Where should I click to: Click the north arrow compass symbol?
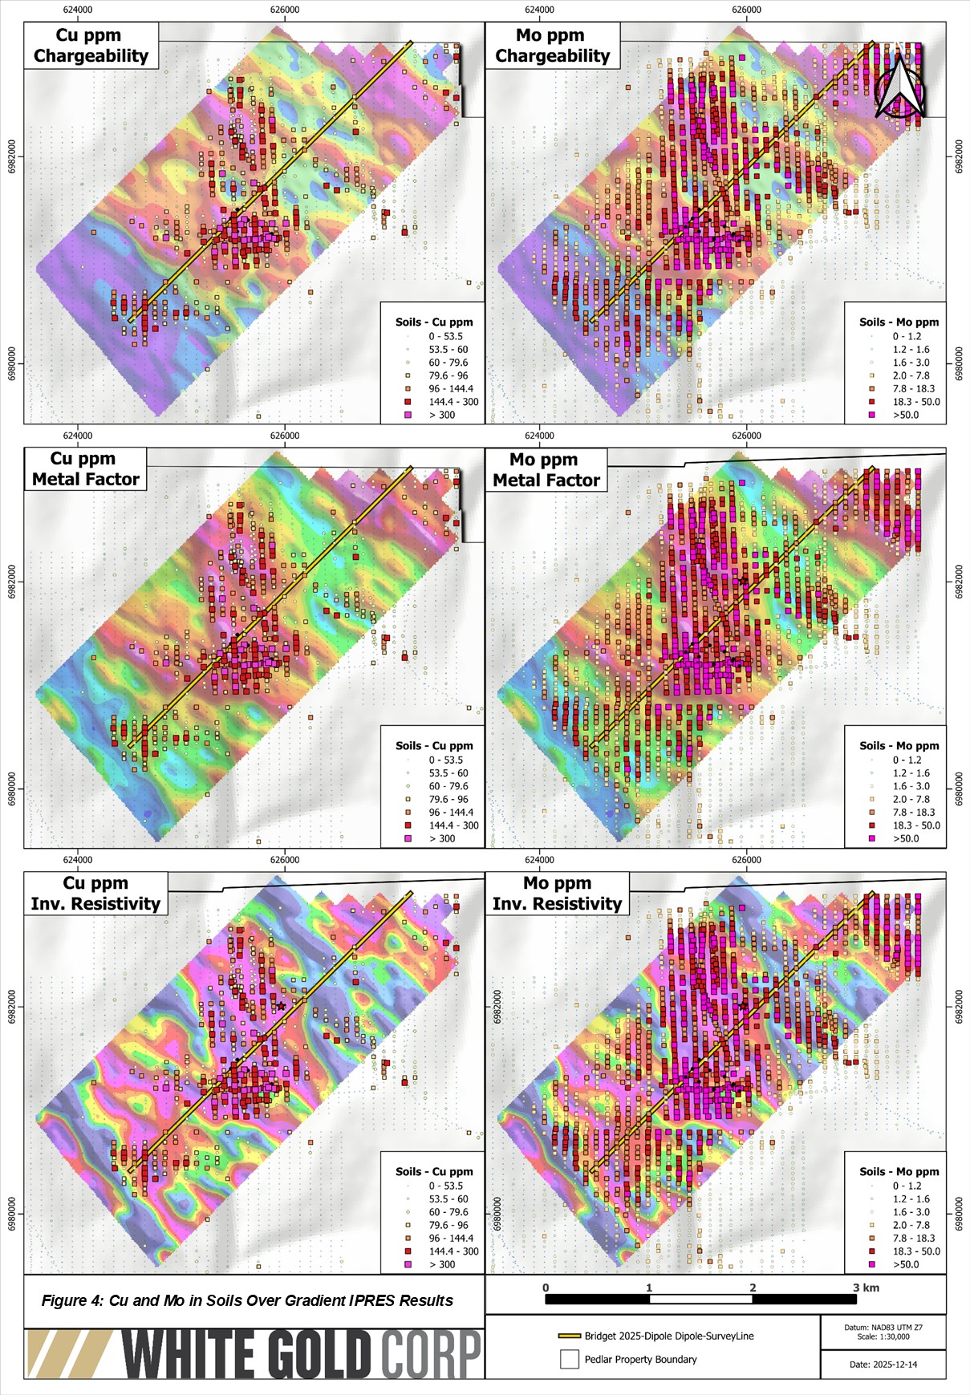point(899,87)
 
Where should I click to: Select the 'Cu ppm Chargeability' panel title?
point(91,46)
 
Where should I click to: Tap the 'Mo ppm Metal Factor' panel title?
point(546,470)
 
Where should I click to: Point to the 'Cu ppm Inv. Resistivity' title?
point(95,894)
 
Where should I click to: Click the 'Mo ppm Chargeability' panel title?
point(552,46)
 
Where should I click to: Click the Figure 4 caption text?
point(247,1300)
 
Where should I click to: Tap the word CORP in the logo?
point(431,1354)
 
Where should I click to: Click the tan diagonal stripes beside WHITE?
point(68,1354)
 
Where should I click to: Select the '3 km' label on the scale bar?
point(866,1288)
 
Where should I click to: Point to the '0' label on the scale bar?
point(546,1288)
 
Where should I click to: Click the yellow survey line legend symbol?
point(569,1336)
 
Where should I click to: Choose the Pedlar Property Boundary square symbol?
point(569,1359)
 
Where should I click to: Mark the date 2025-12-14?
point(883,1364)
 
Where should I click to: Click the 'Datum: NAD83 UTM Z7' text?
point(883,1328)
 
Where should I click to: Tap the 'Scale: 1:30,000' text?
point(883,1336)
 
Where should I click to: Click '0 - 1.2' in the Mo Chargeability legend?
point(907,336)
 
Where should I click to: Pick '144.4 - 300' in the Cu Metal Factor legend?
point(453,825)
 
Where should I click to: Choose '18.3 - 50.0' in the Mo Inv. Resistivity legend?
point(916,1251)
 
